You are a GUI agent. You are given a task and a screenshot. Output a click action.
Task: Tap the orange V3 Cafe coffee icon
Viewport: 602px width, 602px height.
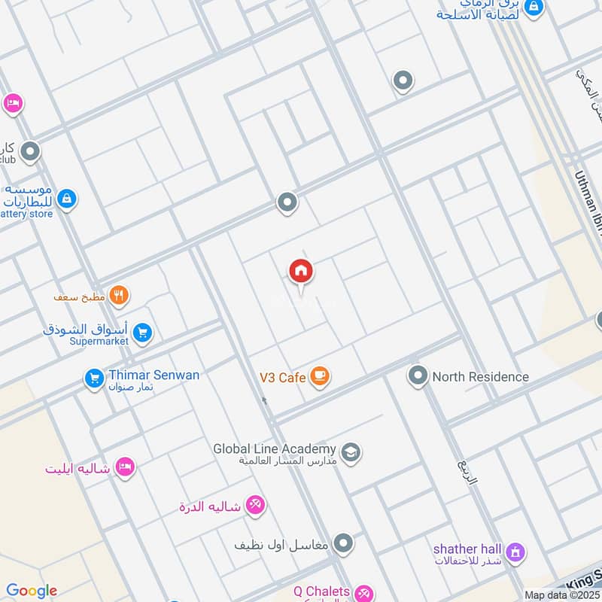coord(321,375)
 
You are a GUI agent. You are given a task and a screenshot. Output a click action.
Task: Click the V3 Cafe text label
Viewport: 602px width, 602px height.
coord(282,377)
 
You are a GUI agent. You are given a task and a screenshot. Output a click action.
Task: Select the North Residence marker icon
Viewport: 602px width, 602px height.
coord(418,375)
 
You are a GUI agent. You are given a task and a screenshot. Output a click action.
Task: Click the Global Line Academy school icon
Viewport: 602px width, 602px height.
coord(350,452)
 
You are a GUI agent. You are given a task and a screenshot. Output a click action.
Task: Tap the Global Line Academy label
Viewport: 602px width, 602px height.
coord(274,448)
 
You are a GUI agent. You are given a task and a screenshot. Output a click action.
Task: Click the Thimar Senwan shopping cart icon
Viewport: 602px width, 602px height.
coord(93,378)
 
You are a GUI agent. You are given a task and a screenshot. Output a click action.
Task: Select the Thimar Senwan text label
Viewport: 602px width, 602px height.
coord(154,375)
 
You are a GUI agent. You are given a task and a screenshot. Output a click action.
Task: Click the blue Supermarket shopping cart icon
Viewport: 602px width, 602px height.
coord(143,332)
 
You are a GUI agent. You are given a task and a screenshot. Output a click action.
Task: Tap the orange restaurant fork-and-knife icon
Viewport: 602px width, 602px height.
coord(119,296)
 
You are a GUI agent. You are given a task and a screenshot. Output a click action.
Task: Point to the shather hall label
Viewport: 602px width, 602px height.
coord(468,549)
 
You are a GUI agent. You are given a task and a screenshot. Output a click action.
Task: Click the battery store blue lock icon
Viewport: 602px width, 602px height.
coord(66,199)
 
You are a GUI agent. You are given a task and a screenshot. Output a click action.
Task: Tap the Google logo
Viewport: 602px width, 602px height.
coord(32,591)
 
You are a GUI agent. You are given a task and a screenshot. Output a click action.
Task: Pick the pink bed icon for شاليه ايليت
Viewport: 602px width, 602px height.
coord(125,468)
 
